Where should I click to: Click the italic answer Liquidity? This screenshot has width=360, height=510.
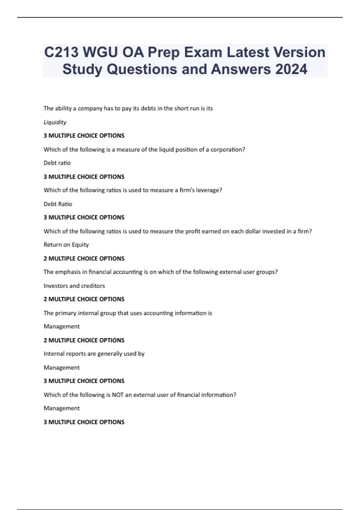point(55,122)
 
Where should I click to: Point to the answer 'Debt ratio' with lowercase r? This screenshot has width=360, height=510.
point(57,163)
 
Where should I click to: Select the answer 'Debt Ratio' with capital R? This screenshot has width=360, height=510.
point(58,204)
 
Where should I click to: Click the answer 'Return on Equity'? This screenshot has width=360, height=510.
point(66,245)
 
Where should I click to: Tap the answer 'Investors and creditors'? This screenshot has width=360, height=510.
point(74,286)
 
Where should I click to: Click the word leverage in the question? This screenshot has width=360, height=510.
point(208,190)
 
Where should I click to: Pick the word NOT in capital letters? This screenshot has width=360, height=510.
point(118,395)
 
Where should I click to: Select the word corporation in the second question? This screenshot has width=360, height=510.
point(227,149)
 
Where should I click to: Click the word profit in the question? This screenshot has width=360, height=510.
point(193,231)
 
